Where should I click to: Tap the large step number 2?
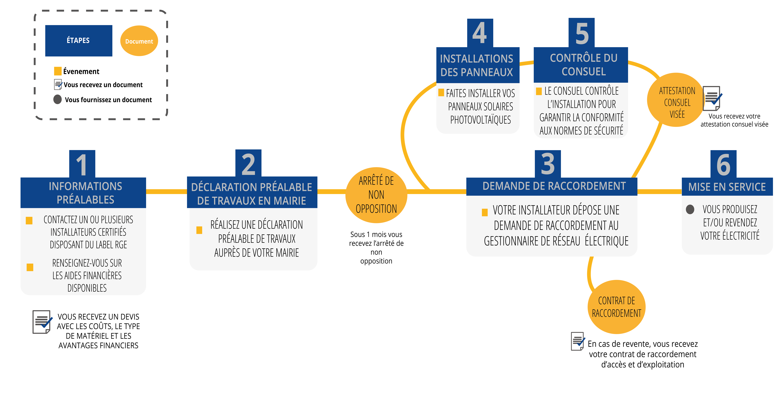(x=248, y=164)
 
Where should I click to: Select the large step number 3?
(x=548, y=164)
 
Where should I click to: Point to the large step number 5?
(x=582, y=33)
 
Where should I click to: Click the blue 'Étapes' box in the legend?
(x=78, y=40)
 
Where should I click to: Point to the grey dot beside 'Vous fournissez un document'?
(x=57, y=99)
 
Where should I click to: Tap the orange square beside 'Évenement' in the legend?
(x=58, y=71)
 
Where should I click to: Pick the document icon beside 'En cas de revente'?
(x=578, y=341)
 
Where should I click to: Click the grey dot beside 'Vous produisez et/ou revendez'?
(x=690, y=209)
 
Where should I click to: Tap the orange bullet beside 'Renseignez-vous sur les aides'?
(x=30, y=267)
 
